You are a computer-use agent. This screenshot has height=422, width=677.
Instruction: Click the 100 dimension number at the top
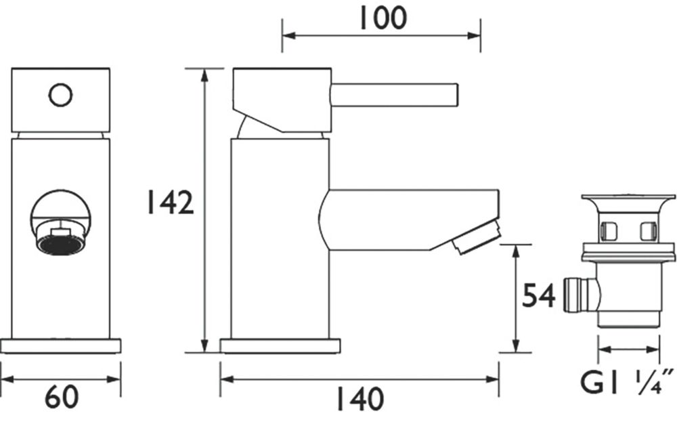coord(383,18)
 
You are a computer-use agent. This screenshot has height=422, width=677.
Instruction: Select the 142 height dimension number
coord(171,203)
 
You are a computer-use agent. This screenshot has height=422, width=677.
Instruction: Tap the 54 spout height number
coord(538,296)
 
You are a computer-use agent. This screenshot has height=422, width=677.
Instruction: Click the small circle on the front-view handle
coord(60,96)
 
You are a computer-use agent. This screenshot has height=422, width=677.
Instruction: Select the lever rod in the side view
coord(393,95)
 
